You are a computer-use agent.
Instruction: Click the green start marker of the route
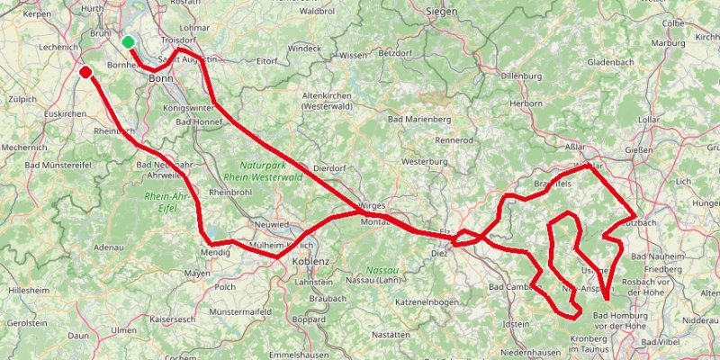pyautogui.click(x=129, y=41)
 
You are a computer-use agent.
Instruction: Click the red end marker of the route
pyautogui.click(x=85, y=72)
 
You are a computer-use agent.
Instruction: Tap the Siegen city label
pyautogui.click(x=442, y=12)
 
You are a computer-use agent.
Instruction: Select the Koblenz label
pyautogui.click(x=313, y=262)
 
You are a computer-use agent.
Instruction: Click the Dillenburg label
pyautogui.click(x=522, y=77)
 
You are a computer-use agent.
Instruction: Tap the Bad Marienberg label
pyautogui.click(x=418, y=119)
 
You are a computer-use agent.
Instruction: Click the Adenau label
pyautogui.click(x=108, y=246)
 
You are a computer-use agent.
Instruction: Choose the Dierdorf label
pyautogui.click(x=328, y=167)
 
